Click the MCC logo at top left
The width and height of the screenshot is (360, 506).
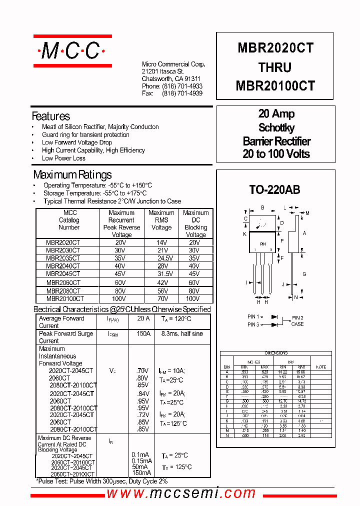[72, 50]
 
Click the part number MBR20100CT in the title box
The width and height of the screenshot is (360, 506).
[275, 86]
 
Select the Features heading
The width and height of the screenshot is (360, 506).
[51, 116]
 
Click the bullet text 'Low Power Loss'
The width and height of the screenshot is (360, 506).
[63, 158]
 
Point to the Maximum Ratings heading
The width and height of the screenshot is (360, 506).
[72, 175]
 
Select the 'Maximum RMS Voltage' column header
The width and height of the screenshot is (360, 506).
[161, 220]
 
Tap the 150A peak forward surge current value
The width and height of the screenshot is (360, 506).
[143, 333]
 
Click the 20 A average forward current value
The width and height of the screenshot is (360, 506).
[143, 318]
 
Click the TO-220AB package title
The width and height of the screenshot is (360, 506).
[275, 190]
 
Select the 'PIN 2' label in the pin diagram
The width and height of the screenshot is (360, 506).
[297, 317]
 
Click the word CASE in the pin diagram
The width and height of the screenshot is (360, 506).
[297, 324]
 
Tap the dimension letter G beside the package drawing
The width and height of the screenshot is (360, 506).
[304, 274]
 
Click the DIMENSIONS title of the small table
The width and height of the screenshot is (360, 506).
[276, 353]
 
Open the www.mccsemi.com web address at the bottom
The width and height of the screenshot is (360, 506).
[181, 493]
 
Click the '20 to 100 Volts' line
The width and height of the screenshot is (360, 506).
[276, 154]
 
